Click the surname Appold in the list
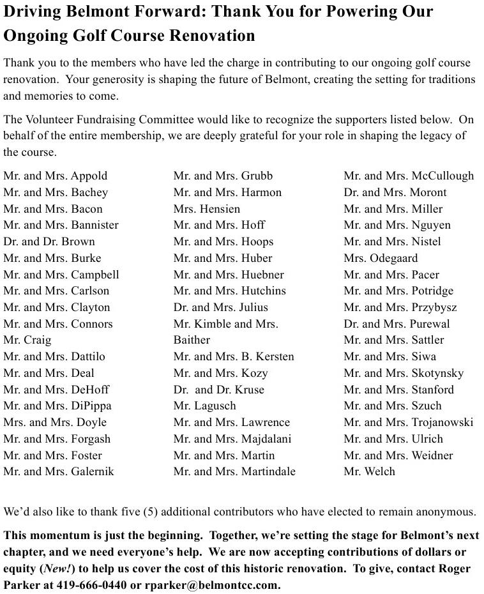coord(89,176)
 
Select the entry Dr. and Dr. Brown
coord(49,241)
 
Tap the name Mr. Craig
coord(27,340)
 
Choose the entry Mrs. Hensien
coord(207,209)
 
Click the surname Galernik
coord(93,471)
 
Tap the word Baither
coord(192,340)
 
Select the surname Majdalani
coord(266,439)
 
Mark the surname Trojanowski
coord(442,422)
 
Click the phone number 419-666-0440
coord(90,585)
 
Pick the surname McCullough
coord(442,176)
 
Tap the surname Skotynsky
coord(437,373)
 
